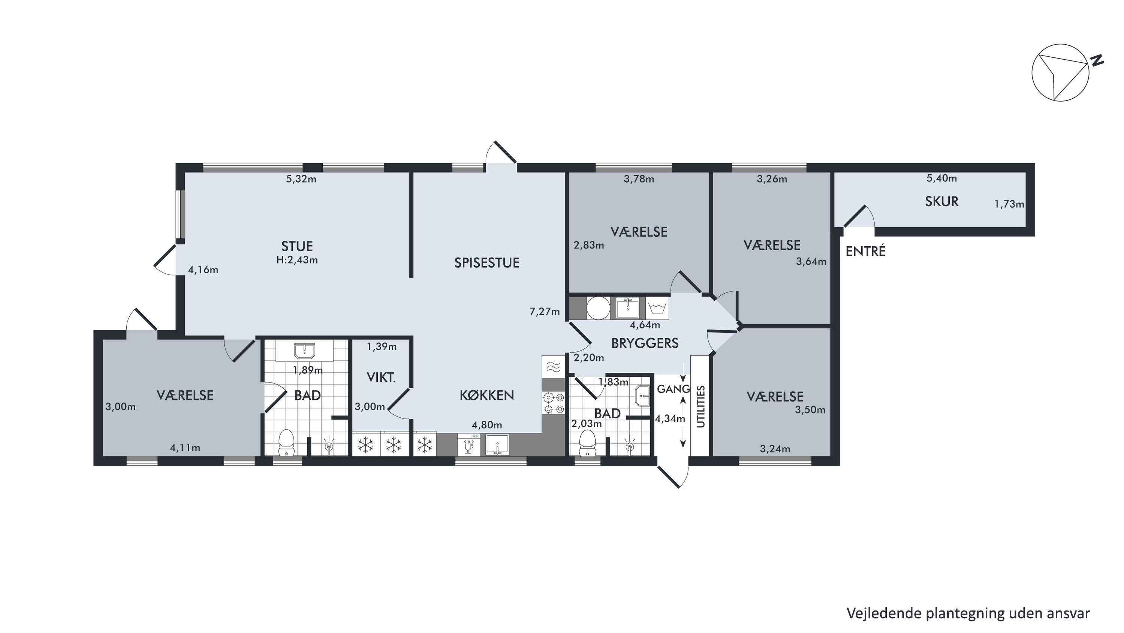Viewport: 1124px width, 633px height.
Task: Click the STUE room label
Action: (x=297, y=246)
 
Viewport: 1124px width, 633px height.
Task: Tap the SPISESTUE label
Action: (x=487, y=263)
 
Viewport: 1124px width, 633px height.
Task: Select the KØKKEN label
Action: (x=486, y=396)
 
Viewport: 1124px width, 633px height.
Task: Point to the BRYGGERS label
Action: (x=645, y=343)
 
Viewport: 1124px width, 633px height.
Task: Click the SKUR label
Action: (x=941, y=202)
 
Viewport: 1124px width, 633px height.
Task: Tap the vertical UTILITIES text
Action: (x=701, y=406)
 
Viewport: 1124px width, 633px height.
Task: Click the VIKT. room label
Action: (x=381, y=377)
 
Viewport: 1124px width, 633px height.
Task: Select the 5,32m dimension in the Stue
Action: (x=301, y=179)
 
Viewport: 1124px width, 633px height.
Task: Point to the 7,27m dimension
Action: (x=545, y=312)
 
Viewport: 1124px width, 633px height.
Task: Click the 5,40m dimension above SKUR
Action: (x=941, y=178)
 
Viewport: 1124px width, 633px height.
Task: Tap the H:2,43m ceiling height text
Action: (x=297, y=260)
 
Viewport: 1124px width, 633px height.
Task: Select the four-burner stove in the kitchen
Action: (x=553, y=403)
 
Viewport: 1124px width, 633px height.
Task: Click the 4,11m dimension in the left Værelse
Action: (x=185, y=448)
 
